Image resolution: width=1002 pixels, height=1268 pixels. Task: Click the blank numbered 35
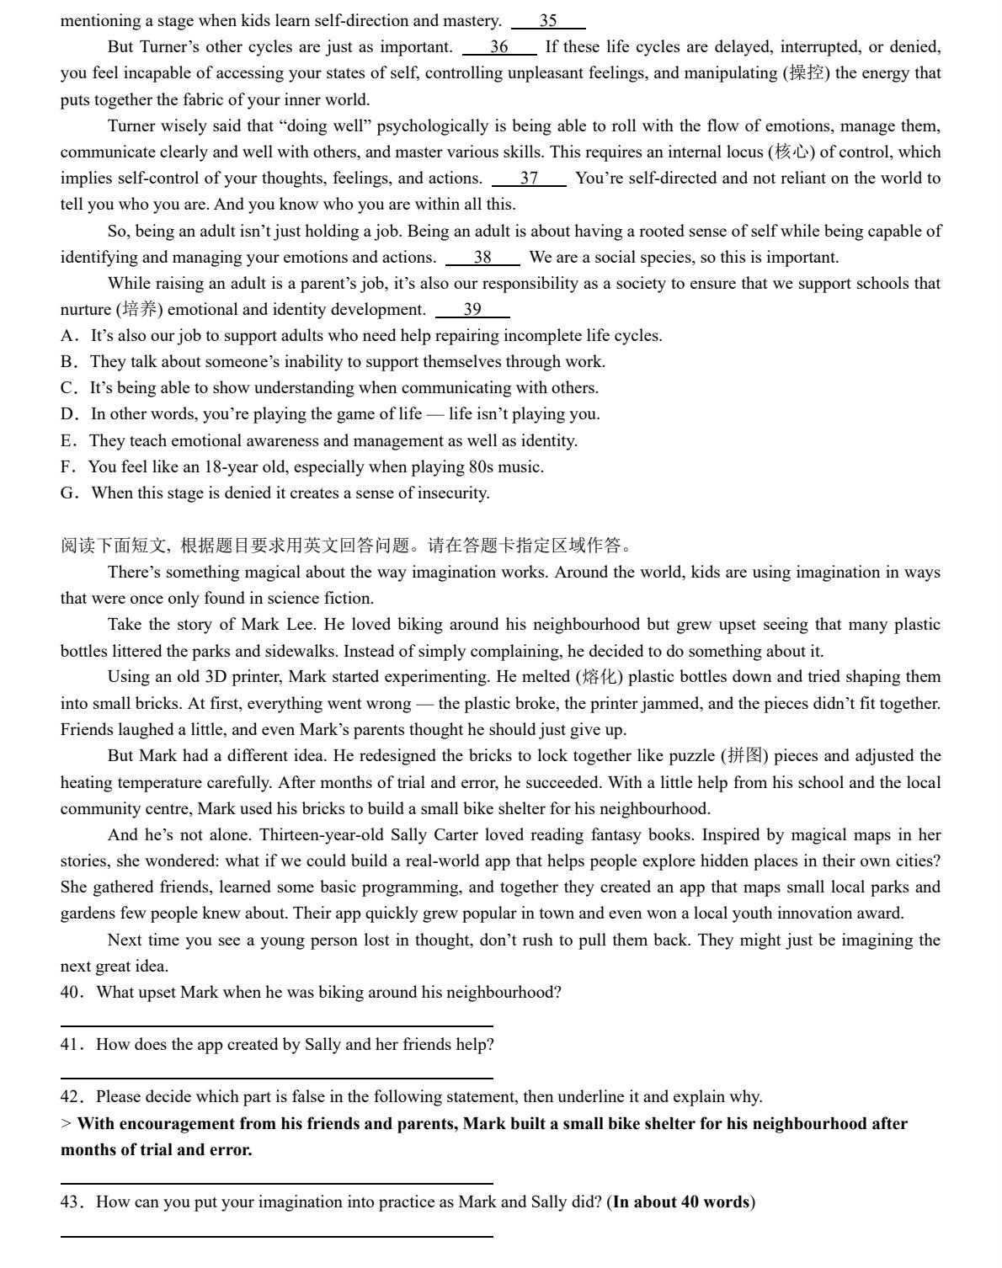pyautogui.click(x=548, y=21)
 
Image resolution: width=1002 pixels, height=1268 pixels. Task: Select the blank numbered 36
pyautogui.click(x=499, y=47)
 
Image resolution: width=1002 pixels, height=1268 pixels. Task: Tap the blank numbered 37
pyautogui.click(x=529, y=178)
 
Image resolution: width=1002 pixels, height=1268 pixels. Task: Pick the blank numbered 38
pyautogui.click(x=482, y=258)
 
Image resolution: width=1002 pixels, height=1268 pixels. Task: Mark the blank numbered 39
pyautogui.click(x=472, y=310)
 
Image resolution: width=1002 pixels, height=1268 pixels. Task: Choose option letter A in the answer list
pyautogui.click(x=68, y=336)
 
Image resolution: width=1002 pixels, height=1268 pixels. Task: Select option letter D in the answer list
pyautogui.click(x=68, y=414)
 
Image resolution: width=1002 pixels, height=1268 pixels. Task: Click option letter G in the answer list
pyautogui.click(x=68, y=493)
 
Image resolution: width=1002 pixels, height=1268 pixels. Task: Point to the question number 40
pyautogui.click(x=71, y=993)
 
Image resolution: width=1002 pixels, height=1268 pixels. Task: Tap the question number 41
pyautogui.click(x=71, y=1045)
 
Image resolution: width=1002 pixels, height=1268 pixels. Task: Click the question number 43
pyautogui.click(x=71, y=1202)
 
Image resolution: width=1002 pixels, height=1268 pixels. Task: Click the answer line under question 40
pyautogui.click(x=276, y=1026)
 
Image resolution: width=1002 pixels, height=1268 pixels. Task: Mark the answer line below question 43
pyautogui.click(x=276, y=1236)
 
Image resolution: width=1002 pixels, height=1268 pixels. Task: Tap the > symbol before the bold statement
pyautogui.click(x=66, y=1124)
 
